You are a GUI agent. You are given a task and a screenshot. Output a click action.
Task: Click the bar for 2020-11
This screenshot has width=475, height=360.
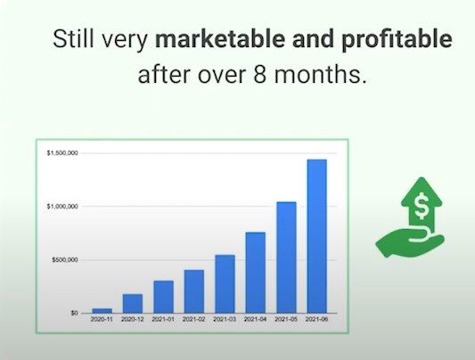[102, 311]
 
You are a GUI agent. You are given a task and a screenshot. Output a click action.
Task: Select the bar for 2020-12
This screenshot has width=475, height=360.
[133, 303]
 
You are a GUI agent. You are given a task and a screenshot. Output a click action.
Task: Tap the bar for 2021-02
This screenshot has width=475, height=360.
[194, 291]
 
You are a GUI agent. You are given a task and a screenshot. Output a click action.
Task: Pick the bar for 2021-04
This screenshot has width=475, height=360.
[256, 273]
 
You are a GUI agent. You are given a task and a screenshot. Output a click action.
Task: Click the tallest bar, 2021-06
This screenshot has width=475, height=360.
[317, 236]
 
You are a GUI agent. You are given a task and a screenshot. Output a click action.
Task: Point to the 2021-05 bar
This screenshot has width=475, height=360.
[286, 258]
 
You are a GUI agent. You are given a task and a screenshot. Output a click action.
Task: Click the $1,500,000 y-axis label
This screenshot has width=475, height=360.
[62, 153]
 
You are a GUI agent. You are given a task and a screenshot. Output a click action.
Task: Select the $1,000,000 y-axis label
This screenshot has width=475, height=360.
[62, 206]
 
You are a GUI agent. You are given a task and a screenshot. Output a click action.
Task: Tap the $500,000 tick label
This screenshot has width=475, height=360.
[65, 260]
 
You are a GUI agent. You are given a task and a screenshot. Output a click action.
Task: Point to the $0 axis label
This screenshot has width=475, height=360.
[74, 313]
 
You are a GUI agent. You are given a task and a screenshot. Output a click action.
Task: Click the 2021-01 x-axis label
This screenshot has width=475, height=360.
[163, 319]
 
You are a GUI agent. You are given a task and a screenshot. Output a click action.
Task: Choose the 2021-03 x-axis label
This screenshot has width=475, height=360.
[225, 319]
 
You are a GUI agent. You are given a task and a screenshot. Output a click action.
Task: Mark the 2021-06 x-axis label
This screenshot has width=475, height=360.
[317, 319]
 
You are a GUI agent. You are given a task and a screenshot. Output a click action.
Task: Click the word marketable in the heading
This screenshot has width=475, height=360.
[219, 39]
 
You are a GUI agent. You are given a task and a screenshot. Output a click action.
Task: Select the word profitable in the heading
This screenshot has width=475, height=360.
[397, 40]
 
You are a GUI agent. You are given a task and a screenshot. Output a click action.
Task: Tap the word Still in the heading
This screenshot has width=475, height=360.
[73, 39]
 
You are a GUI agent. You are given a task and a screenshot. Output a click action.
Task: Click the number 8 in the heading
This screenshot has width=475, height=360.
[259, 74]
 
